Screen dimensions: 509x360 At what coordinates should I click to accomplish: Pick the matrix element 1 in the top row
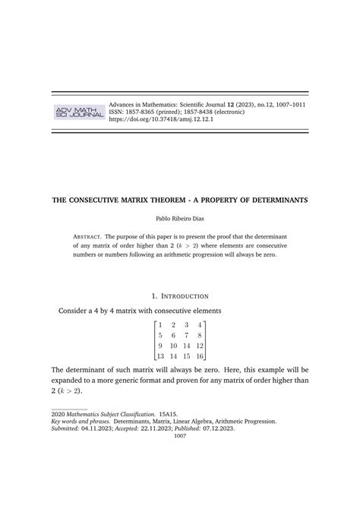tap(161, 324)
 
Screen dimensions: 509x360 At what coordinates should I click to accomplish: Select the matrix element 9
tap(161, 346)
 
